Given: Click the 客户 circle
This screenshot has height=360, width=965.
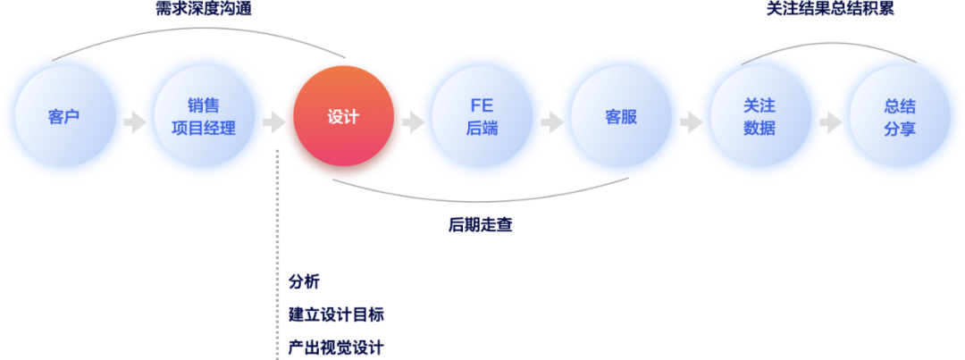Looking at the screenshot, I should (x=63, y=117).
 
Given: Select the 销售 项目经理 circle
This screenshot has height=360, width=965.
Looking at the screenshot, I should (x=203, y=117).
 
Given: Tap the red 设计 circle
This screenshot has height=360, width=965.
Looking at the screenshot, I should (x=342, y=118).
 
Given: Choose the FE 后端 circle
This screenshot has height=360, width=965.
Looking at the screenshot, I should (x=482, y=117).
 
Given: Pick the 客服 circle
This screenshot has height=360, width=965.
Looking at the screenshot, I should (x=621, y=117).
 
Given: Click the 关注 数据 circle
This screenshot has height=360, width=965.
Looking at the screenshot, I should (x=759, y=117).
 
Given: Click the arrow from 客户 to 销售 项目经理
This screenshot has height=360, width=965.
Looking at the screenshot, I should (x=134, y=121).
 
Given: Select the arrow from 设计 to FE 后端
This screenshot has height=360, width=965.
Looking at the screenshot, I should (x=412, y=121).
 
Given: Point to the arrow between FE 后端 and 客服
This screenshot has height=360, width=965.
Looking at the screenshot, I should (x=551, y=121).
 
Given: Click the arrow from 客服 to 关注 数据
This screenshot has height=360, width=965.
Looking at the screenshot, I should (x=691, y=121).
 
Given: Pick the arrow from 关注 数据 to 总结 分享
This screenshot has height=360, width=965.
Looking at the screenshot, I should (x=829, y=121).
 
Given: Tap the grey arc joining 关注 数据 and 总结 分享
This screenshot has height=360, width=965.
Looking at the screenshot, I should (x=829, y=43).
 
